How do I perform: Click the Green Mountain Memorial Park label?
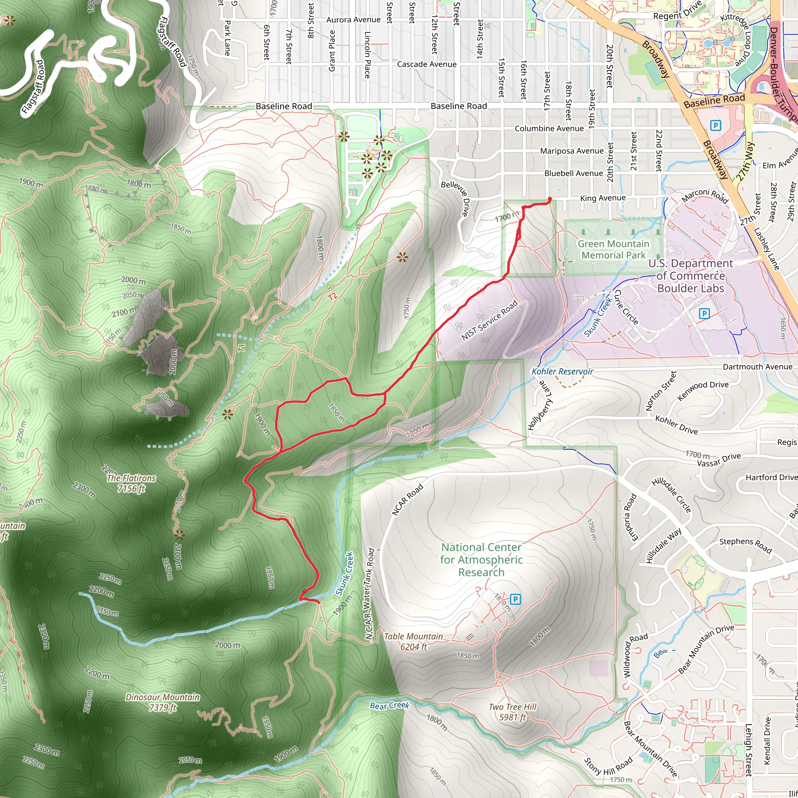point(613,249)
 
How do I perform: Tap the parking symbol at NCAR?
point(515,598)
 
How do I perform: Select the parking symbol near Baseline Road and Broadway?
point(715,125)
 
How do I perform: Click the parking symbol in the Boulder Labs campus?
point(704,314)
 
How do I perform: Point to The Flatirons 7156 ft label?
point(131,483)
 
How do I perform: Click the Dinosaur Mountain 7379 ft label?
point(163,702)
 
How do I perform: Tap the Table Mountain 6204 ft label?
point(413,641)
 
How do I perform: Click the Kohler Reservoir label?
point(562,371)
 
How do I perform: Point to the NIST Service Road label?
point(489,321)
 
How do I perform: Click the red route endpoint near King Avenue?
point(550,199)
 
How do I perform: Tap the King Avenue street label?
point(603,198)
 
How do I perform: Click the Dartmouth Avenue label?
point(757,367)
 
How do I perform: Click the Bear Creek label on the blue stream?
point(390,706)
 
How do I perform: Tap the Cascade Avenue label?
point(427,64)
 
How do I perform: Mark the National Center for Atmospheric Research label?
point(481,560)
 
